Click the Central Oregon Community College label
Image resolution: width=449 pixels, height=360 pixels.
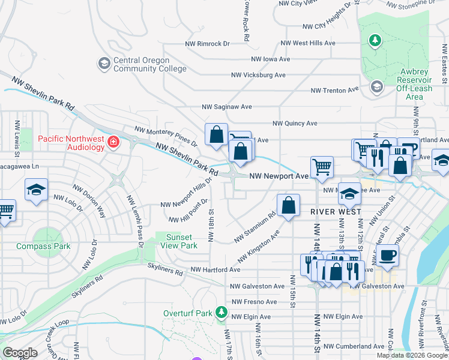point(150,64)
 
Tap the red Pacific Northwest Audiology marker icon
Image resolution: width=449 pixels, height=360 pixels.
point(113,142)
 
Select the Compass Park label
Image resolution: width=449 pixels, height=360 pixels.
point(43,246)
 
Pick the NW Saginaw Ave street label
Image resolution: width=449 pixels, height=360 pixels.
point(226,107)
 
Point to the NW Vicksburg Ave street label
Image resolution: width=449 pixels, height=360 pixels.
point(258,75)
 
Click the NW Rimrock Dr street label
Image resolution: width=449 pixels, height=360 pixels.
point(207,44)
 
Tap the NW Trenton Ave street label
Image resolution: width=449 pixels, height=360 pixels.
point(334,91)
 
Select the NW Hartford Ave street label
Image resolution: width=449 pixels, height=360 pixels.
point(215,270)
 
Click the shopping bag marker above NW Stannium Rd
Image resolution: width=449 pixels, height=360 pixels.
point(289,205)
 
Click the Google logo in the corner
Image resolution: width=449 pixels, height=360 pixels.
point(20,353)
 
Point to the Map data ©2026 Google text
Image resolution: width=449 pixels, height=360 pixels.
point(411,355)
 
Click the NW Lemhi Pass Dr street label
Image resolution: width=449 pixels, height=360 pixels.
point(134,219)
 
